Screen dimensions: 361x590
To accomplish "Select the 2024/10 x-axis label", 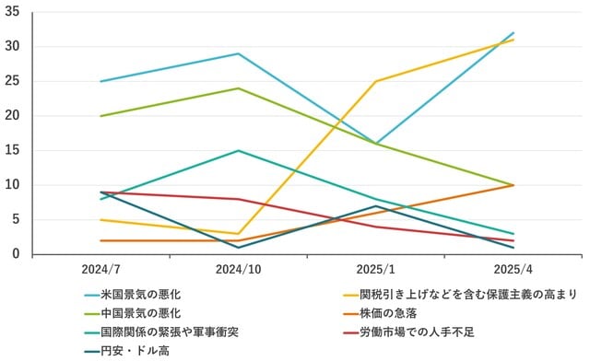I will click(239, 269).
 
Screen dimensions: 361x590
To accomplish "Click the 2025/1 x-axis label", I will click(377, 269).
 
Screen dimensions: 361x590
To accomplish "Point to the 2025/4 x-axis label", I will click(513, 269).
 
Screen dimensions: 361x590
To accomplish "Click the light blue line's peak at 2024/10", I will click(239, 53).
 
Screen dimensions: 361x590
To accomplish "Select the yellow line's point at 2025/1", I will click(376, 81).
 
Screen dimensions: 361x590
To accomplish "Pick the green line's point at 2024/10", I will click(239, 88).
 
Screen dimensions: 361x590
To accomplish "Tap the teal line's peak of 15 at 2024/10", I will click(239, 150).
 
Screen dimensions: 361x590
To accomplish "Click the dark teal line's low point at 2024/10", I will click(239, 247).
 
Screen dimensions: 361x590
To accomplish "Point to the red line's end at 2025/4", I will click(513, 240).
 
